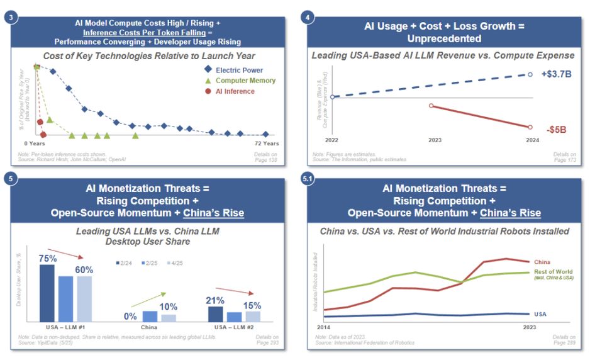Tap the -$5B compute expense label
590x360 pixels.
(x=556, y=130)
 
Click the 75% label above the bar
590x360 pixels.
(x=47, y=258)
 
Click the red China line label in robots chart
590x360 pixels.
(x=542, y=262)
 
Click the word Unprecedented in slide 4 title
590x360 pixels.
(x=443, y=38)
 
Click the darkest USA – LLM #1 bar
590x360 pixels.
(x=47, y=293)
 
